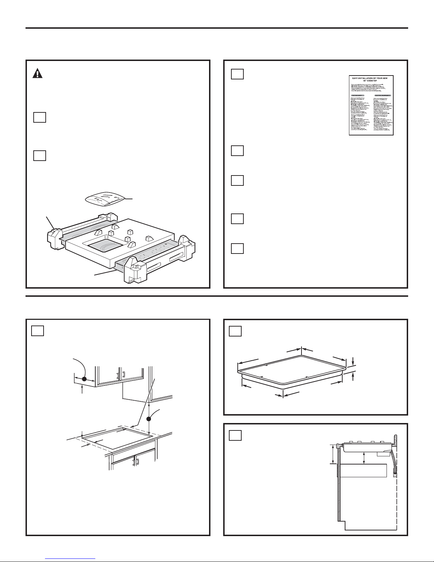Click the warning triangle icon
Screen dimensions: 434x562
(x=37, y=73)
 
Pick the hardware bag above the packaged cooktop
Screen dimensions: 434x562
(x=106, y=199)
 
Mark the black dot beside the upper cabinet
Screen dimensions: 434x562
(x=84, y=379)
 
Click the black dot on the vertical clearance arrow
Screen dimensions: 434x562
(x=150, y=419)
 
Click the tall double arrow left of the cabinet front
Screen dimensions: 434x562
(x=333, y=455)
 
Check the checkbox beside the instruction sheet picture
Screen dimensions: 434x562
(x=237, y=73)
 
